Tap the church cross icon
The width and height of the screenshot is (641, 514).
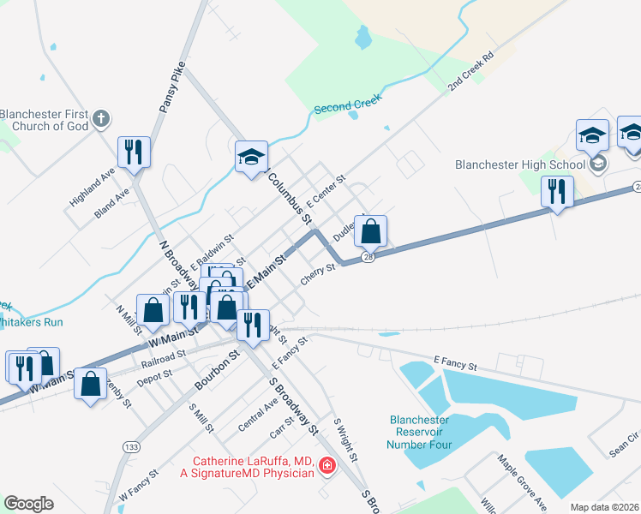(x=101, y=119)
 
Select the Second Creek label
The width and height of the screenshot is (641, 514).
(x=346, y=109)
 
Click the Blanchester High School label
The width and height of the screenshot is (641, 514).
(x=519, y=164)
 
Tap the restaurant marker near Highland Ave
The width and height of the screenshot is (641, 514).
(x=134, y=152)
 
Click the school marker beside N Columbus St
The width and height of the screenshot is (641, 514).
(x=252, y=157)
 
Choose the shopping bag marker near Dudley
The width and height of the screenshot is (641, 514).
(x=370, y=230)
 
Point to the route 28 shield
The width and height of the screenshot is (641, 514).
(x=367, y=257)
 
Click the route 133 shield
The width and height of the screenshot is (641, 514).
(x=131, y=446)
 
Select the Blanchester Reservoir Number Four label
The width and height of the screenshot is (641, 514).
(x=419, y=432)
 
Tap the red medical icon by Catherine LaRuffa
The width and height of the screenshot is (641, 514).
(x=326, y=466)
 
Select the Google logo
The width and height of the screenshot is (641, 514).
(x=29, y=504)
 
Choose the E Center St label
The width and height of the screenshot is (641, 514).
(x=326, y=190)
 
